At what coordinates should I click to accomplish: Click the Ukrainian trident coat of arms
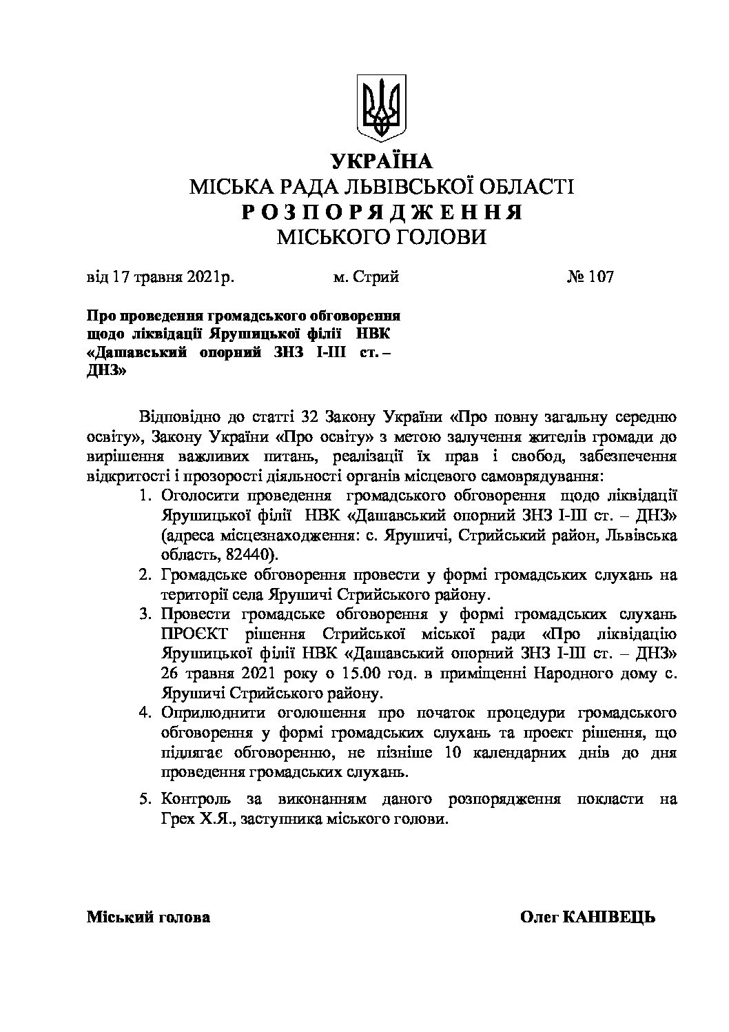(381, 109)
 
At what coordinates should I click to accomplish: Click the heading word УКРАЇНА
(381, 161)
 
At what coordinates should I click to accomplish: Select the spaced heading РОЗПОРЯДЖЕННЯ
(381, 212)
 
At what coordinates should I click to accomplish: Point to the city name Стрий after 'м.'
(376, 277)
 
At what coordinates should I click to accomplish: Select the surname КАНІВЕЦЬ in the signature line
(609, 918)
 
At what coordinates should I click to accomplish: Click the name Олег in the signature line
(539, 918)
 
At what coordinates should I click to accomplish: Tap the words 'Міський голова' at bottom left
(148, 918)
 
